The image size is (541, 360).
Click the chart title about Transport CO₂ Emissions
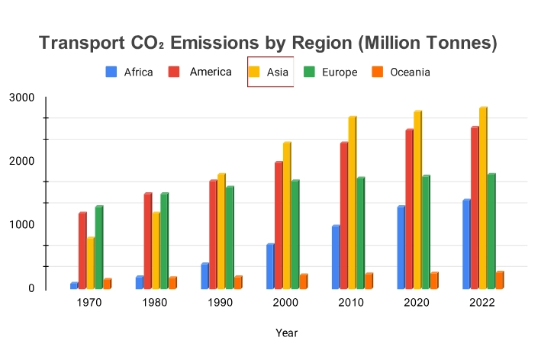click(x=268, y=43)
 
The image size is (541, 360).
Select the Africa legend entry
click(x=130, y=72)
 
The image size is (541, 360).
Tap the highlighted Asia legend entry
click(x=270, y=72)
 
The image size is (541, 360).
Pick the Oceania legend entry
click(x=401, y=72)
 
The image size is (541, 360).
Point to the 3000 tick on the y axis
click(x=21, y=98)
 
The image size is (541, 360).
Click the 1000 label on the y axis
click(x=21, y=225)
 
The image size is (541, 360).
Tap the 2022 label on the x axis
click(x=482, y=303)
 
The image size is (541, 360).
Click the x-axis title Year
click(x=287, y=333)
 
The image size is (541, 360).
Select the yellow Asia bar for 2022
click(x=482, y=198)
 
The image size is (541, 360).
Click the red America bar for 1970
click(x=82, y=251)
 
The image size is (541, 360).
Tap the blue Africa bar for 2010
click(x=335, y=258)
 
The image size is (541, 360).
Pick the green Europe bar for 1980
click(x=164, y=241)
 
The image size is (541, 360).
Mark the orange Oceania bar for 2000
click(x=303, y=281)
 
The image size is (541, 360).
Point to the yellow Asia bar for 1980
click(x=156, y=251)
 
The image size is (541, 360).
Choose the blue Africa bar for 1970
click(x=74, y=286)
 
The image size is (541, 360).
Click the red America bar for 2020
click(x=409, y=210)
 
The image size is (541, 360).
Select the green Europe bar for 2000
click(x=295, y=235)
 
